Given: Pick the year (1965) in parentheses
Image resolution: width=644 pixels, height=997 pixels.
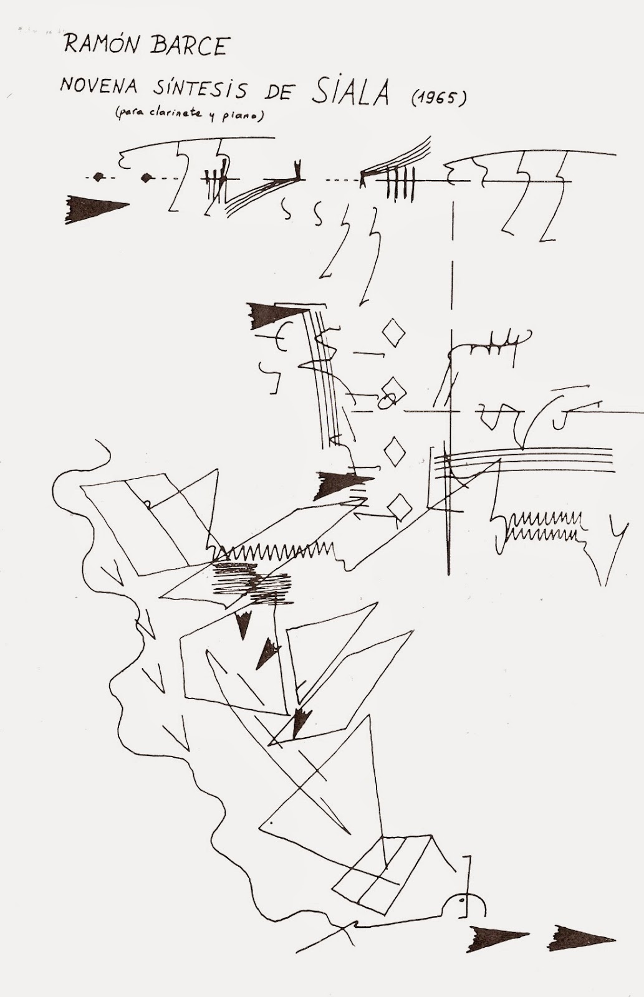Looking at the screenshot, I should click(438, 98).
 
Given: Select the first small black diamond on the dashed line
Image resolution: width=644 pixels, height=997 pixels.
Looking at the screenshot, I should click(99, 178).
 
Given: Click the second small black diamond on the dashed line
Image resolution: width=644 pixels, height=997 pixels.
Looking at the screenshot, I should click(147, 178).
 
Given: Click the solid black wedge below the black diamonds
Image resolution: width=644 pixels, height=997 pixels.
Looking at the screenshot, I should click(95, 206).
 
